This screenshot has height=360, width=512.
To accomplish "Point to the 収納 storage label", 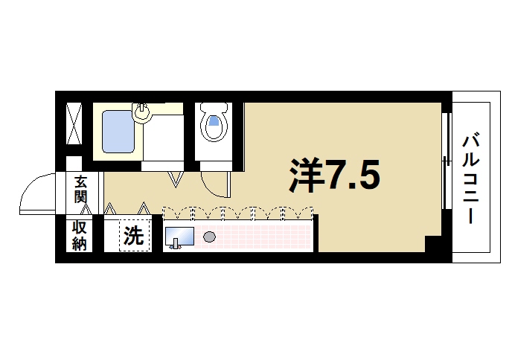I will pyautogui.click(x=80, y=236).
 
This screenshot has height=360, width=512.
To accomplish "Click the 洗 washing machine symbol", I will pyautogui.click(x=133, y=237).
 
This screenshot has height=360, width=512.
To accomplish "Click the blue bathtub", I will pyautogui.click(x=116, y=132).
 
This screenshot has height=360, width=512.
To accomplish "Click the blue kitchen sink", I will pyautogui.click(x=179, y=237).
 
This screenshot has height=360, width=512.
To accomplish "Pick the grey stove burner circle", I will pyautogui.click(x=209, y=237).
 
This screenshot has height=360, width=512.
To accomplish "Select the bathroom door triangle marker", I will pyautogui.click(x=176, y=179).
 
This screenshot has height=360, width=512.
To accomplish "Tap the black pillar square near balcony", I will pyautogui.click(x=432, y=243).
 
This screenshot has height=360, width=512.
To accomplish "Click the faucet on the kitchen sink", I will pyautogui.click(x=176, y=246).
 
